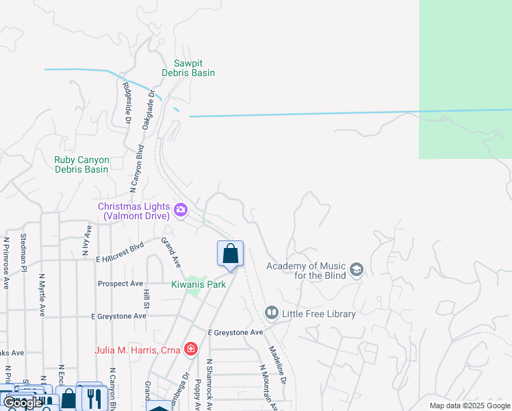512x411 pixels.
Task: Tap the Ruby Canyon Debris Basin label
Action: point(81,164)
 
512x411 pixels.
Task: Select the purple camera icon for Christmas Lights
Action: point(181,210)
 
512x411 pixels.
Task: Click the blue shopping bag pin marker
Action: point(231,253)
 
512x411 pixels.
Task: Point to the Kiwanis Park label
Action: point(199,285)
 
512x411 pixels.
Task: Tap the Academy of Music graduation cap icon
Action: point(356,270)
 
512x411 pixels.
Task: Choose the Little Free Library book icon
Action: point(272,314)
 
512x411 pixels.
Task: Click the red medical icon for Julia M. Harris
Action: point(190,350)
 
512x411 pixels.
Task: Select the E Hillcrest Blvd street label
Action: point(120,249)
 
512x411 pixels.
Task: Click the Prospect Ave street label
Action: point(120,284)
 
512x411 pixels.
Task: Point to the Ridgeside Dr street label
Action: point(127,103)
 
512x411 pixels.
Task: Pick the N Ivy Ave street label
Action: point(87,240)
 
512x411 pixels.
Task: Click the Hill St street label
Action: point(146,298)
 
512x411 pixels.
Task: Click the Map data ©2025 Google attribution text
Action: point(469,406)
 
